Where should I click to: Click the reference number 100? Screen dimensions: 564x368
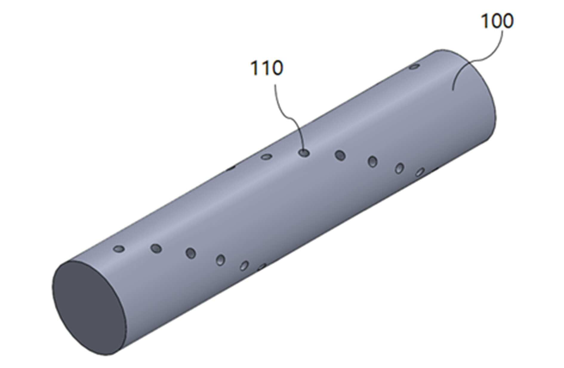497,21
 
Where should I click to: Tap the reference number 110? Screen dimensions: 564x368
266,68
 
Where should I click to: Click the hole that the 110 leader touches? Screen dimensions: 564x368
304,153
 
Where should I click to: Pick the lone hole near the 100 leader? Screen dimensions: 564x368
414,66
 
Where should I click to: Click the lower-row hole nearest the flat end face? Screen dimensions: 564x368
119,248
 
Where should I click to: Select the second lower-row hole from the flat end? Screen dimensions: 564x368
156,248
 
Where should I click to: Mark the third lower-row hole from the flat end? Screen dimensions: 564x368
191,253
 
